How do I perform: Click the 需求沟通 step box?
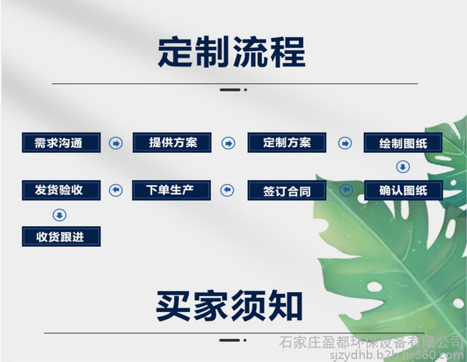tap(61, 143)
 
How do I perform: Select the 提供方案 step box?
tap(172, 143)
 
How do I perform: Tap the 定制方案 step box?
tap(287, 143)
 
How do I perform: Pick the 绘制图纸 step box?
tap(403, 143)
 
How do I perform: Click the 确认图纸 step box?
tap(403, 190)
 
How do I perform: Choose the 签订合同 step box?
tap(287, 190)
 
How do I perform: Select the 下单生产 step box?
tap(172, 190)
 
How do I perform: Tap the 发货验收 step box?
tap(61, 190)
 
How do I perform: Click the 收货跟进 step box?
tap(61, 236)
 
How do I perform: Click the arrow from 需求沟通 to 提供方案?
tap(116, 144)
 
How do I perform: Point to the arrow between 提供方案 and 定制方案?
tap(228, 144)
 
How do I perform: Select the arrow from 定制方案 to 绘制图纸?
tap(345, 144)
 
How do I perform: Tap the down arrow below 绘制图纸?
tap(403, 167)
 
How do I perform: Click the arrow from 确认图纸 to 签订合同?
tap(346, 190)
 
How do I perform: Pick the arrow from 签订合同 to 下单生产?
tap(227, 190)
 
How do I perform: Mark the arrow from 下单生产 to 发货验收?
tap(116, 190)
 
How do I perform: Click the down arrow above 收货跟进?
tap(59, 215)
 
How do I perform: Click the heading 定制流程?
tap(232, 52)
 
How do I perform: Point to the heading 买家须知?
tap(229, 306)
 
